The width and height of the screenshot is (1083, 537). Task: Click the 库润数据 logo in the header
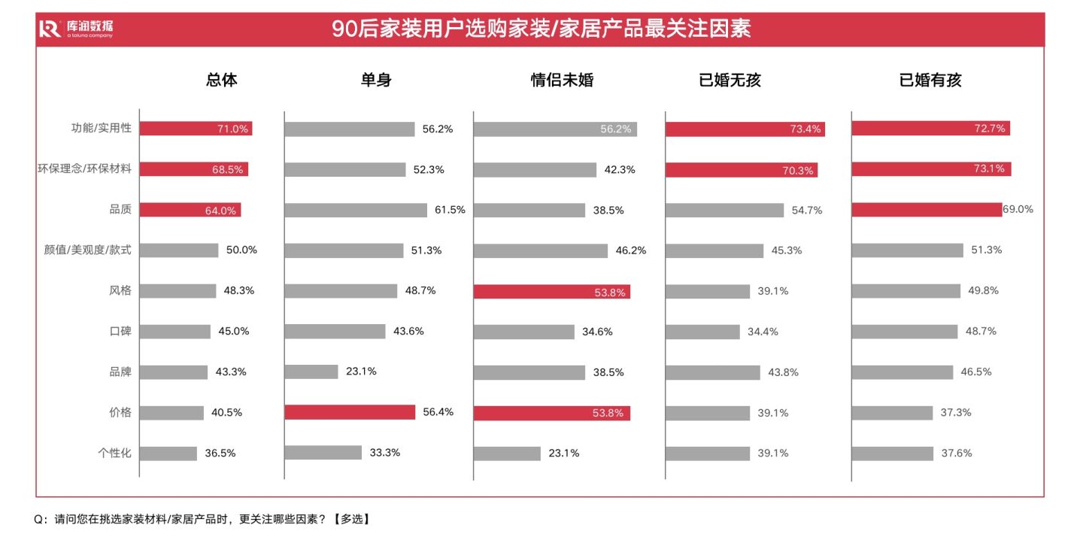point(76,29)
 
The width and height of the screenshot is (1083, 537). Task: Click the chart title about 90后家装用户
point(541,29)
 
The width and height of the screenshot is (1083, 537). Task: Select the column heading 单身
point(376,80)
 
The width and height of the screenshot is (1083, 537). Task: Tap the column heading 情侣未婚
point(562,80)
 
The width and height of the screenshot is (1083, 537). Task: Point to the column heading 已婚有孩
point(930,80)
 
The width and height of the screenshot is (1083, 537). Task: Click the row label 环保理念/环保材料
point(85,168)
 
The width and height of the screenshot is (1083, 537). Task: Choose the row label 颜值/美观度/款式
point(87,250)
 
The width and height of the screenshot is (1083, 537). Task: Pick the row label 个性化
point(114,453)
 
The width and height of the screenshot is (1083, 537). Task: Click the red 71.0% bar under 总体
point(196,129)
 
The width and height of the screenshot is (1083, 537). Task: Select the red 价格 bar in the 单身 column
point(350,412)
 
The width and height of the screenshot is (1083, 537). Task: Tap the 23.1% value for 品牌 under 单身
point(361,371)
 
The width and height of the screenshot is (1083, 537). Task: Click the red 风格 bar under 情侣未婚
point(551,292)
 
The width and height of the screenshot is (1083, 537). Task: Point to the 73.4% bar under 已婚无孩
point(745,129)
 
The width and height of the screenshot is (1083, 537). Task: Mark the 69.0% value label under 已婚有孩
point(1018,210)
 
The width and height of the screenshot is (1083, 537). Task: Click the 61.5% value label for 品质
point(450,210)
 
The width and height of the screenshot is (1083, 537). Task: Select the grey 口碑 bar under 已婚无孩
point(702,332)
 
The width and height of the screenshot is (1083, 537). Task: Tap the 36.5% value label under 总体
point(220,454)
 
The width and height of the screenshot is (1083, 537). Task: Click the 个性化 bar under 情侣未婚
point(507,454)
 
